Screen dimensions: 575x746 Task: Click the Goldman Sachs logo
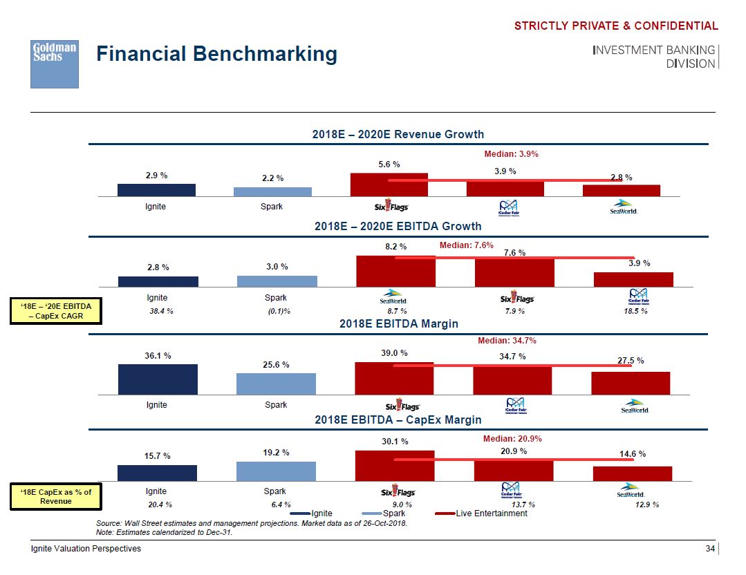pyautogui.click(x=54, y=64)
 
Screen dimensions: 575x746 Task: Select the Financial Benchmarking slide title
pyautogui.click(x=216, y=54)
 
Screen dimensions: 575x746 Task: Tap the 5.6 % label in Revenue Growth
pyautogui.click(x=389, y=164)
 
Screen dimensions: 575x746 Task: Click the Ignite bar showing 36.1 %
pyautogui.click(x=158, y=379)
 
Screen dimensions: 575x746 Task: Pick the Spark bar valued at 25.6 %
pyautogui.click(x=276, y=384)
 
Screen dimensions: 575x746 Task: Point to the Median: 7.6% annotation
pyautogui.click(x=466, y=245)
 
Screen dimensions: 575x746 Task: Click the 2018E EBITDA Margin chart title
pyautogui.click(x=398, y=323)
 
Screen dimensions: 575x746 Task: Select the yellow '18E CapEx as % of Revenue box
pyautogui.click(x=56, y=496)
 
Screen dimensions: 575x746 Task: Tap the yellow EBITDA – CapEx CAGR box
pyautogui.click(x=56, y=311)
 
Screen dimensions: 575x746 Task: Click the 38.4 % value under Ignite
pyautogui.click(x=161, y=312)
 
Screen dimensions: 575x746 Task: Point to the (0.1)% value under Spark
pyautogui.click(x=279, y=312)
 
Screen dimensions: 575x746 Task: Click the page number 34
pyautogui.click(x=709, y=549)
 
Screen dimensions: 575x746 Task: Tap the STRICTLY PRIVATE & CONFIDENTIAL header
pyautogui.click(x=616, y=26)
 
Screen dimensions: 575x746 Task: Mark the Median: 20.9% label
pyautogui.click(x=512, y=439)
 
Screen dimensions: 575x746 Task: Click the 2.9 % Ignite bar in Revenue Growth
pyautogui.click(x=156, y=190)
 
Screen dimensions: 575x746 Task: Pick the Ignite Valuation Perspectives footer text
pyautogui.click(x=86, y=549)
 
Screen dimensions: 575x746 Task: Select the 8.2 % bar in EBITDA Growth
pyautogui.click(x=395, y=270)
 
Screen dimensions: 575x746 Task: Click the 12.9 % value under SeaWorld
pyautogui.click(x=646, y=505)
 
